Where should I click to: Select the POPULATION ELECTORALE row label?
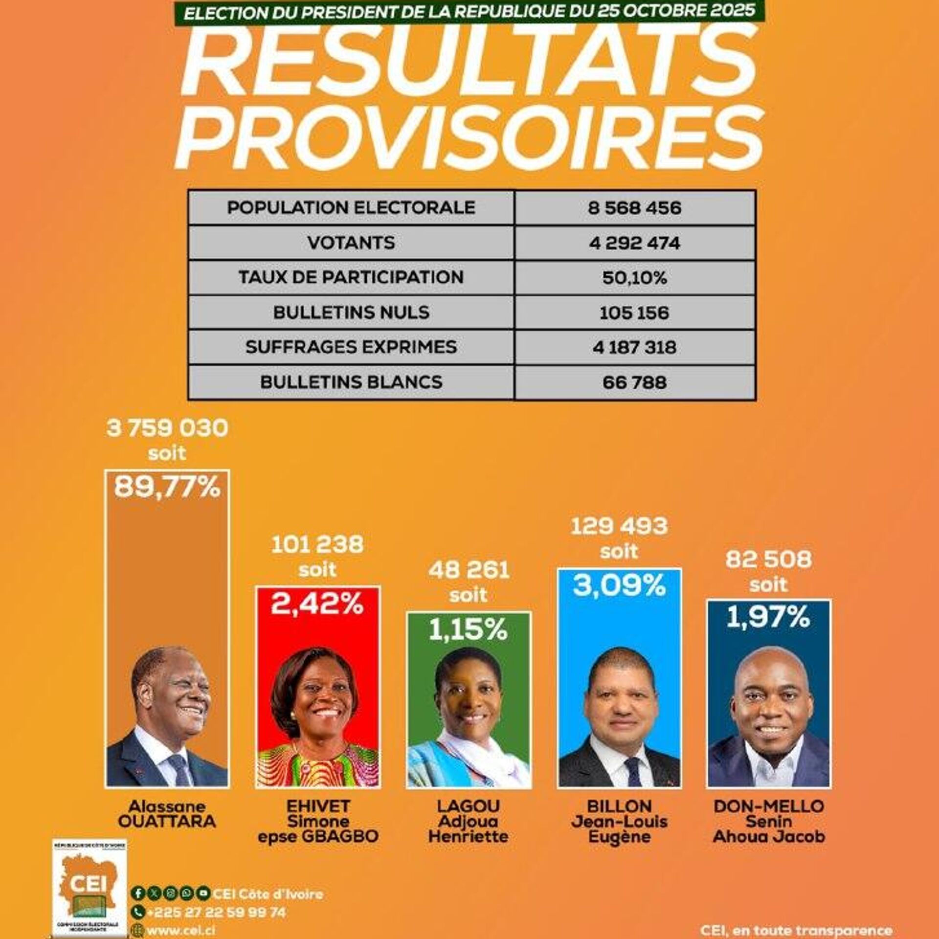tap(351, 208)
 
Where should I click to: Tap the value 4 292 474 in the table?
tap(634, 243)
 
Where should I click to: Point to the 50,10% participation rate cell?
tap(634, 278)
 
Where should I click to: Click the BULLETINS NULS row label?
tap(351, 313)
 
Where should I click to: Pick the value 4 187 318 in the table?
tap(634, 347)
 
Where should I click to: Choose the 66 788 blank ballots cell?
tap(634, 382)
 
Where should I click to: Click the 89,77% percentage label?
tap(167, 488)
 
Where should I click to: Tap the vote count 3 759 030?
tap(167, 428)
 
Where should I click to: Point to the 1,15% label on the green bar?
tap(468, 630)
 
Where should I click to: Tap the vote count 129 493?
tap(619, 526)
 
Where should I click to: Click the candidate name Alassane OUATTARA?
tap(167, 814)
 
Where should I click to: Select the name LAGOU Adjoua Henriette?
tap(468, 821)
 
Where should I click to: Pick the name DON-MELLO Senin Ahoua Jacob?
tap(768, 821)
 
